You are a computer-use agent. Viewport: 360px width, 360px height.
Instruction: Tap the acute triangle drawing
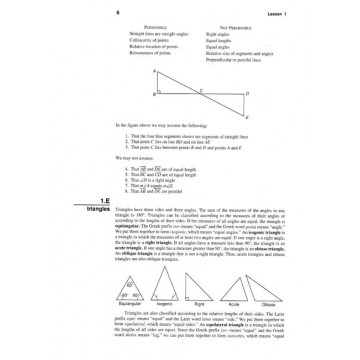(259, 294)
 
